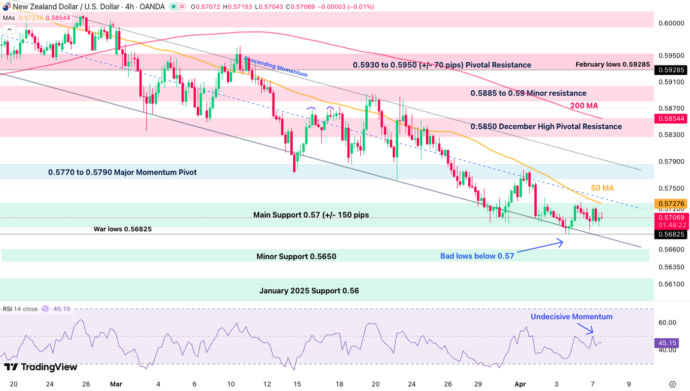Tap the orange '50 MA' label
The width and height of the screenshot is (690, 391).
pyautogui.click(x=602, y=188)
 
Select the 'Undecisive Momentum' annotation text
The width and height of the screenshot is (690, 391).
pyautogui.click(x=571, y=317)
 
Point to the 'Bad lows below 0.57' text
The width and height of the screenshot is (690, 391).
pyautogui.click(x=477, y=255)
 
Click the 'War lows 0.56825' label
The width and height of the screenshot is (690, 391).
pyautogui.click(x=122, y=229)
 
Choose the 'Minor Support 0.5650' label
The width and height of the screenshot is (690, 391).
pyautogui.click(x=296, y=256)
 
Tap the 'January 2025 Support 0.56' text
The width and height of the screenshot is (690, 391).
pyautogui.click(x=309, y=291)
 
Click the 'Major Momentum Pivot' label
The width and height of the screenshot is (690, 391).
pyautogui.click(x=122, y=172)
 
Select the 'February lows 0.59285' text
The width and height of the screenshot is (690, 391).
pyautogui.click(x=613, y=65)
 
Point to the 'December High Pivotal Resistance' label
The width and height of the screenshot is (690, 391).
pyautogui.click(x=546, y=126)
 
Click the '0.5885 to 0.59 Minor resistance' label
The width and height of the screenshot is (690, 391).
pyautogui.click(x=528, y=93)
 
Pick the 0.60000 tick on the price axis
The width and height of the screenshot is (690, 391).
pyautogui.click(x=671, y=23)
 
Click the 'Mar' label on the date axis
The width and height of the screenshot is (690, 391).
pyautogui.click(x=116, y=384)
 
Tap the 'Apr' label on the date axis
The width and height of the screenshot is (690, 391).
pyautogui.click(x=520, y=384)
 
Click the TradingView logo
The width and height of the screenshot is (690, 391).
pyautogui.click(x=40, y=367)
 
